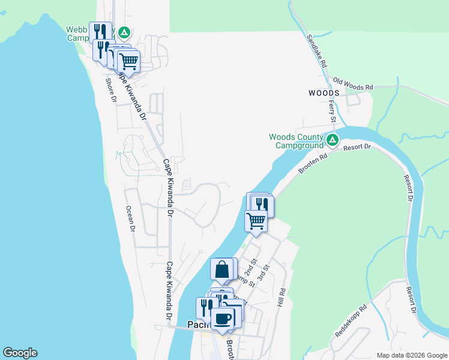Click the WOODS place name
click(x=324, y=93)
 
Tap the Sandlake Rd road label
click(x=316, y=50)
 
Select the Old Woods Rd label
click(x=353, y=84)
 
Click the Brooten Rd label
click(x=314, y=164)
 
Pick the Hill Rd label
click(x=280, y=298)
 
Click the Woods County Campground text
click(x=296, y=141)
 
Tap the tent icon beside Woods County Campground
click(x=333, y=141)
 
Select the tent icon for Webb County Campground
click(x=124, y=32)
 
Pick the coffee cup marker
click(x=223, y=319)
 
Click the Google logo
click(x=20, y=353)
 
